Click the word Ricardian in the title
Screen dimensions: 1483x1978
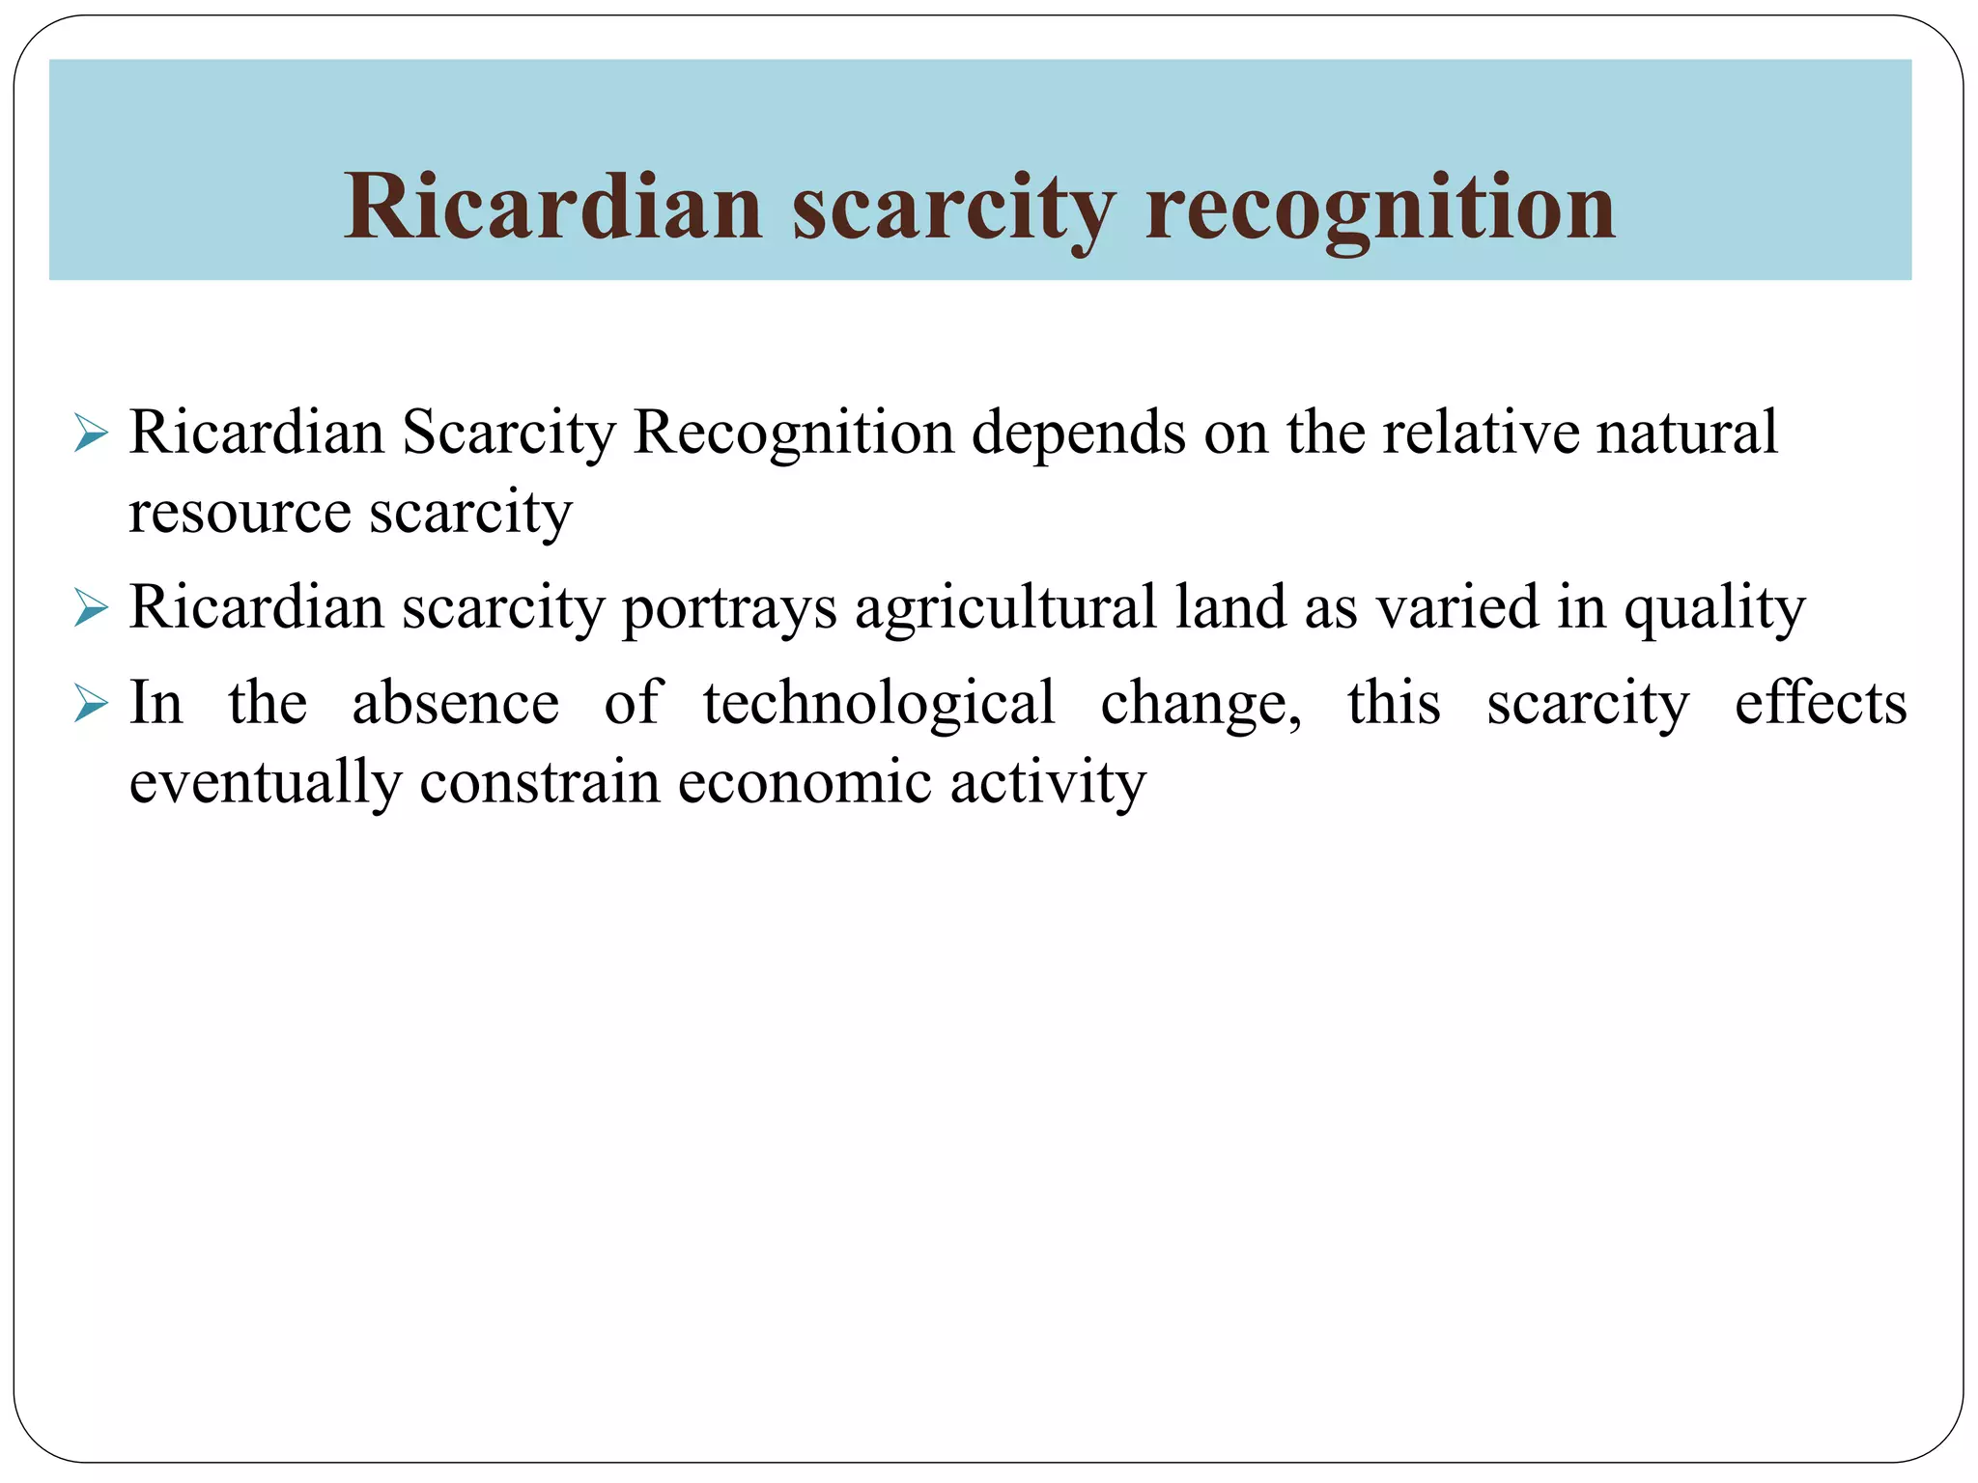tap(553, 207)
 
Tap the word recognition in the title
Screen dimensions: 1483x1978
tap(1379, 207)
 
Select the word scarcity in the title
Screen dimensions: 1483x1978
tap(953, 207)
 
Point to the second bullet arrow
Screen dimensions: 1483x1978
tap(90, 609)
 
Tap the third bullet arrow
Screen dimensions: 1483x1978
tap(90, 705)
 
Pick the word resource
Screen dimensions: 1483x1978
tap(240, 512)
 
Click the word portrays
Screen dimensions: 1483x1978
tap(729, 608)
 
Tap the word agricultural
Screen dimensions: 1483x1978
tap(1005, 608)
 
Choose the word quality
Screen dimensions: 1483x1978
tap(1713, 608)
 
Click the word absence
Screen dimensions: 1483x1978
tap(455, 703)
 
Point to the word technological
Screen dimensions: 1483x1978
tap(879, 703)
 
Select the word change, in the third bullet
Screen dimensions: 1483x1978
tap(1201, 703)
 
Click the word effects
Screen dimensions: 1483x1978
tap(1821, 703)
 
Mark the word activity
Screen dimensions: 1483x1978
tap(1048, 783)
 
